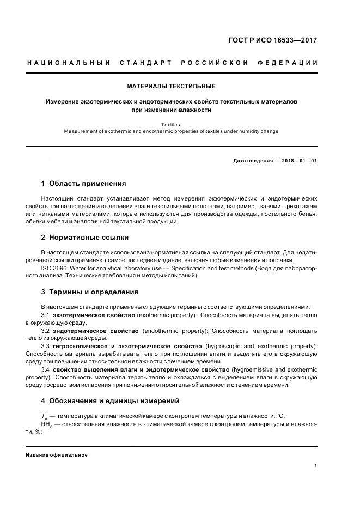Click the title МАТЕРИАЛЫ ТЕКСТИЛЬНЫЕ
(171, 86)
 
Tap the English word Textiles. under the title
(171, 125)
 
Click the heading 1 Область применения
(83, 184)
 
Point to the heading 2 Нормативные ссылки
(85, 238)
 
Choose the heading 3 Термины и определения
(90, 292)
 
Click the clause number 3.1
(46, 315)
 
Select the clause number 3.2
(46, 331)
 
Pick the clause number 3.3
(46, 347)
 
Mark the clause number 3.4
(46, 369)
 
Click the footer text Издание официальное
(57, 455)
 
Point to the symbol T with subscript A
(44, 416)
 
